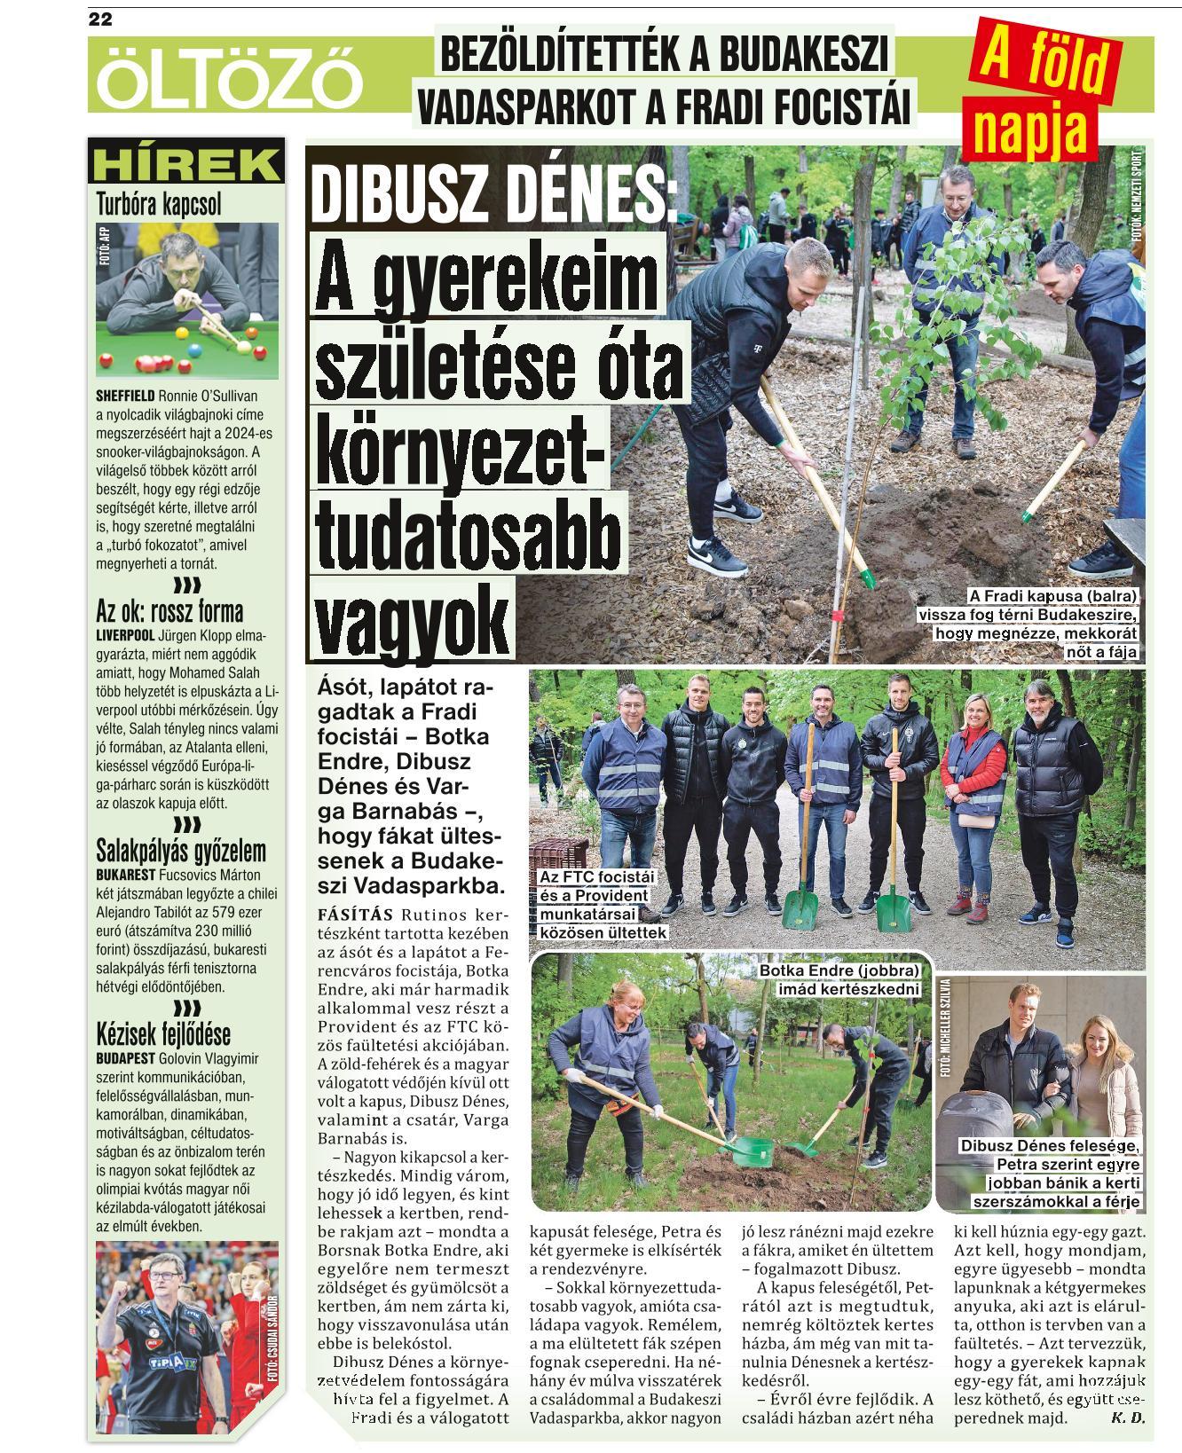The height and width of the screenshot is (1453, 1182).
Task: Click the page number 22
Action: point(100,20)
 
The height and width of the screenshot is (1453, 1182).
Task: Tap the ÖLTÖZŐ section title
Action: point(230,81)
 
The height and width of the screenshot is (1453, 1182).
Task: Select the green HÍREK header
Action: point(185,164)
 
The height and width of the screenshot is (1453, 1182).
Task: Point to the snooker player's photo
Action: point(186,300)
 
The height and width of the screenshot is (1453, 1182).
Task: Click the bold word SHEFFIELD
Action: point(125,396)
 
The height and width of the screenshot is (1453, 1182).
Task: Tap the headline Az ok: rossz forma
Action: point(169,611)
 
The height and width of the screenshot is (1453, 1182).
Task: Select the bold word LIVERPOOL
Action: point(125,635)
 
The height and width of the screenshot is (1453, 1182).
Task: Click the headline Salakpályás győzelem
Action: point(180,851)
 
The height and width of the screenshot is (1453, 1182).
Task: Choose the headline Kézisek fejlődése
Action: point(162,1033)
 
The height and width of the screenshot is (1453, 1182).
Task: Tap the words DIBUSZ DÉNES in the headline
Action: point(492,194)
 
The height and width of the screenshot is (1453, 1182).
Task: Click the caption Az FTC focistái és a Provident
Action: point(602,904)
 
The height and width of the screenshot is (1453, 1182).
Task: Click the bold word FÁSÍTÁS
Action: point(355,915)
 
